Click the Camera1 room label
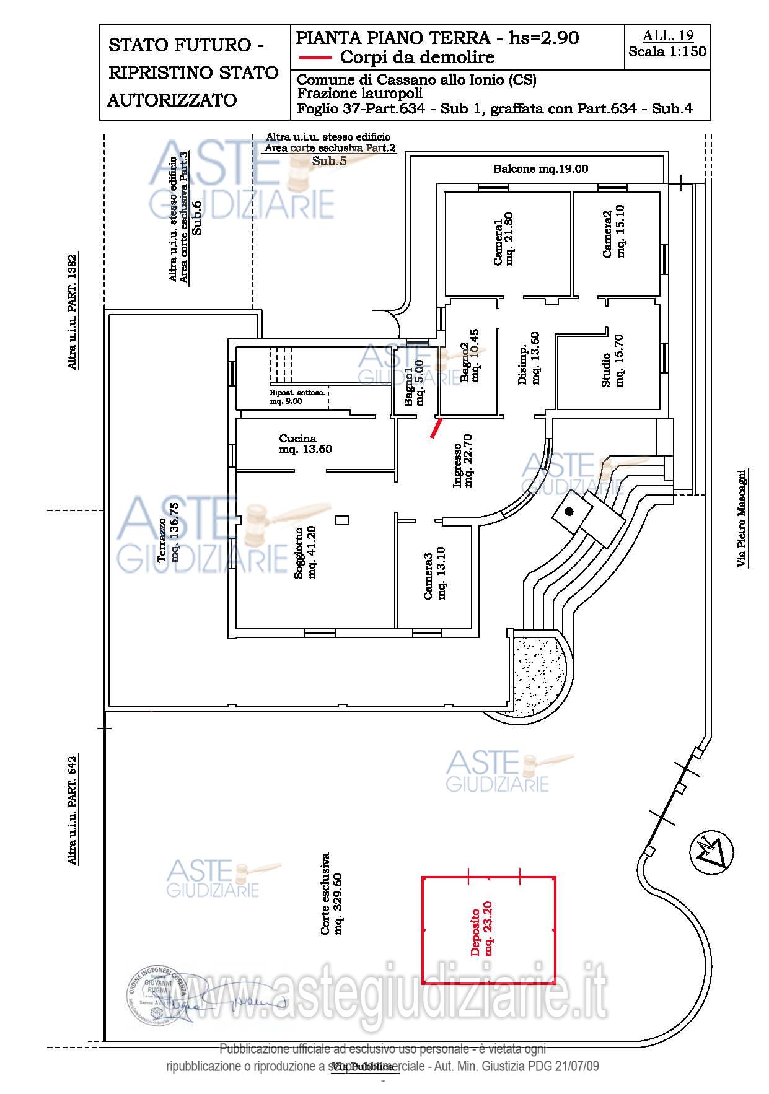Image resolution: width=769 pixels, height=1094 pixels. pyautogui.click(x=503, y=239)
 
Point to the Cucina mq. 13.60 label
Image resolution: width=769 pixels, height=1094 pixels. pyautogui.click(x=305, y=444)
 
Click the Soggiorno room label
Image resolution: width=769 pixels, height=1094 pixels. pyautogui.click(x=305, y=553)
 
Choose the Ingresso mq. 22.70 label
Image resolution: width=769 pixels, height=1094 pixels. pyautogui.click(x=463, y=460)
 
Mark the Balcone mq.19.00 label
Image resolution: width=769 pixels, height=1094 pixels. pyautogui.click(x=540, y=168)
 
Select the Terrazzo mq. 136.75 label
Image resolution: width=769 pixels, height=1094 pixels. pyautogui.click(x=168, y=532)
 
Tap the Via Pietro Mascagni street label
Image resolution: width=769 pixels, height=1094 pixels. pyautogui.click(x=741, y=518)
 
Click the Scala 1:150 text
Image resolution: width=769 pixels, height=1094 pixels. pyautogui.click(x=667, y=52)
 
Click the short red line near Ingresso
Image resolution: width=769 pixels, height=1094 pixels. pyautogui.click(x=437, y=428)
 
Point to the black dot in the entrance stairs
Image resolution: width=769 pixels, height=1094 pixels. pyautogui.click(x=569, y=511)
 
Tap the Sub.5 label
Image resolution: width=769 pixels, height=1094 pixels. pyautogui.click(x=329, y=160)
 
